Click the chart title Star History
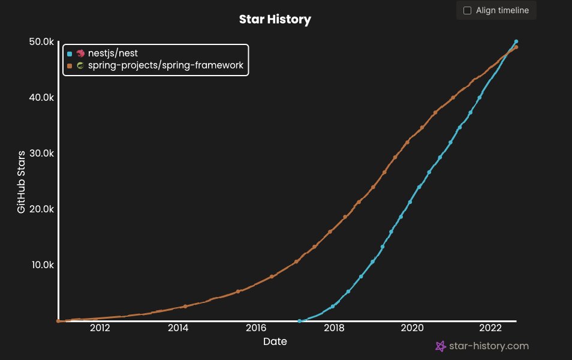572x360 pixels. (x=275, y=19)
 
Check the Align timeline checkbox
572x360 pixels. (x=468, y=10)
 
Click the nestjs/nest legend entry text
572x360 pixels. (x=113, y=53)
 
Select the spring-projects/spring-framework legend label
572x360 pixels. (x=165, y=65)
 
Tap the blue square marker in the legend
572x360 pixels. (x=70, y=53)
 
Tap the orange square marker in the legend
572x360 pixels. (x=70, y=65)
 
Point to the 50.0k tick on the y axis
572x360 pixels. (x=41, y=41)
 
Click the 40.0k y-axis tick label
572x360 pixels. (x=41, y=97)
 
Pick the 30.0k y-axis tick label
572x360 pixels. (x=41, y=153)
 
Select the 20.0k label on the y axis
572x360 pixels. (x=41, y=209)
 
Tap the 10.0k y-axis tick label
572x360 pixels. (x=41, y=265)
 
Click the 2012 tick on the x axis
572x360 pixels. (x=100, y=328)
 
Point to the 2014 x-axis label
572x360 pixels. (x=178, y=328)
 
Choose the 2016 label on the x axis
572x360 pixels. (x=256, y=328)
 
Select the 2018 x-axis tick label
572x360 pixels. (x=334, y=328)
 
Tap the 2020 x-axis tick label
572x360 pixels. (x=412, y=328)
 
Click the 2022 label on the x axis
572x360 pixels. (x=490, y=328)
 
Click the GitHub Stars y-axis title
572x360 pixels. (x=21, y=181)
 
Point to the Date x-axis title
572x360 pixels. (x=275, y=342)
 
